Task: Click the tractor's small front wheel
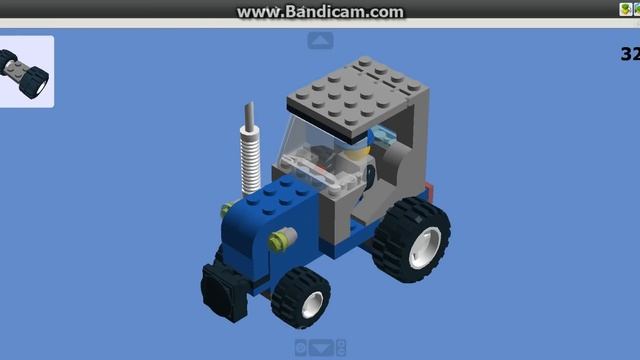pyautogui.click(x=301, y=298)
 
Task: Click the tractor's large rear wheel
pyautogui.click(x=411, y=240)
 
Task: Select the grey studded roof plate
pyautogui.click(x=358, y=95)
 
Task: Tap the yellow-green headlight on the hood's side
pyautogui.click(x=282, y=239)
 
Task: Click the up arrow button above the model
pyautogui.click(x=320, y=40)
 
